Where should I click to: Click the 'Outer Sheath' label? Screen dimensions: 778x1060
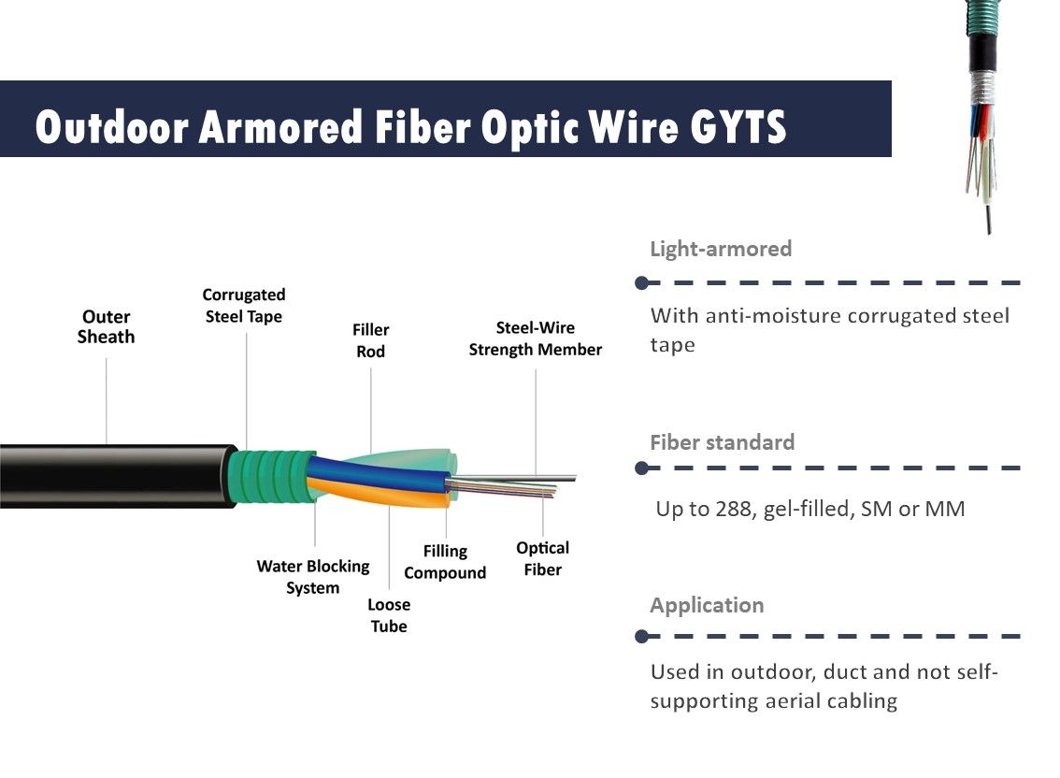coord(106,327)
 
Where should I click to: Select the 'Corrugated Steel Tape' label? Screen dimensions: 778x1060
coord(244,306)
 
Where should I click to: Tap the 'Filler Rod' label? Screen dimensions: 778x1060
coord(370,340)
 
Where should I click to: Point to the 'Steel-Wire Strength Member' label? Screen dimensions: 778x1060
coord(536,339)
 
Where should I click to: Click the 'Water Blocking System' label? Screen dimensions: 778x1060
coord(313,577)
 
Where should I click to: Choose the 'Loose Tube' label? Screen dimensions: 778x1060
coord(389,615)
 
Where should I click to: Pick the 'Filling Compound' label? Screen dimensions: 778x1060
coord(445,562)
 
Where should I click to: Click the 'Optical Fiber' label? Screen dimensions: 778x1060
coord(542,558)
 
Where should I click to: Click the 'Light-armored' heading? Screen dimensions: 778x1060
coord(721,249)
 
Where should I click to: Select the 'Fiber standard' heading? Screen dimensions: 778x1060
coord(723,442)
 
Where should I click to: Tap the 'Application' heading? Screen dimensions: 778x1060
coord(707,605)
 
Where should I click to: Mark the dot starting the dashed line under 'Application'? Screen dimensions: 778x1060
coord(641,637)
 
